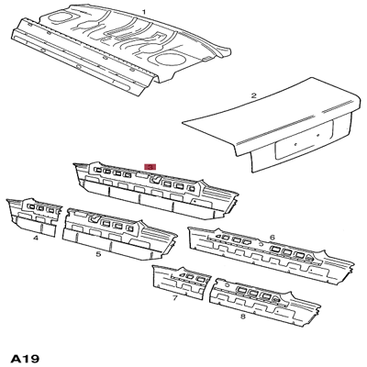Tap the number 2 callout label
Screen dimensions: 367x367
(x=253, y=95)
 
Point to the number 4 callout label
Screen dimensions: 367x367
(x=35, y=238)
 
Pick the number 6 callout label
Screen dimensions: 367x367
(x=272, y=238)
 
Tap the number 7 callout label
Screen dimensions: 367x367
(x=174, y=298)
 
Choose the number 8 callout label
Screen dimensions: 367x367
(x=242, y=316)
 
